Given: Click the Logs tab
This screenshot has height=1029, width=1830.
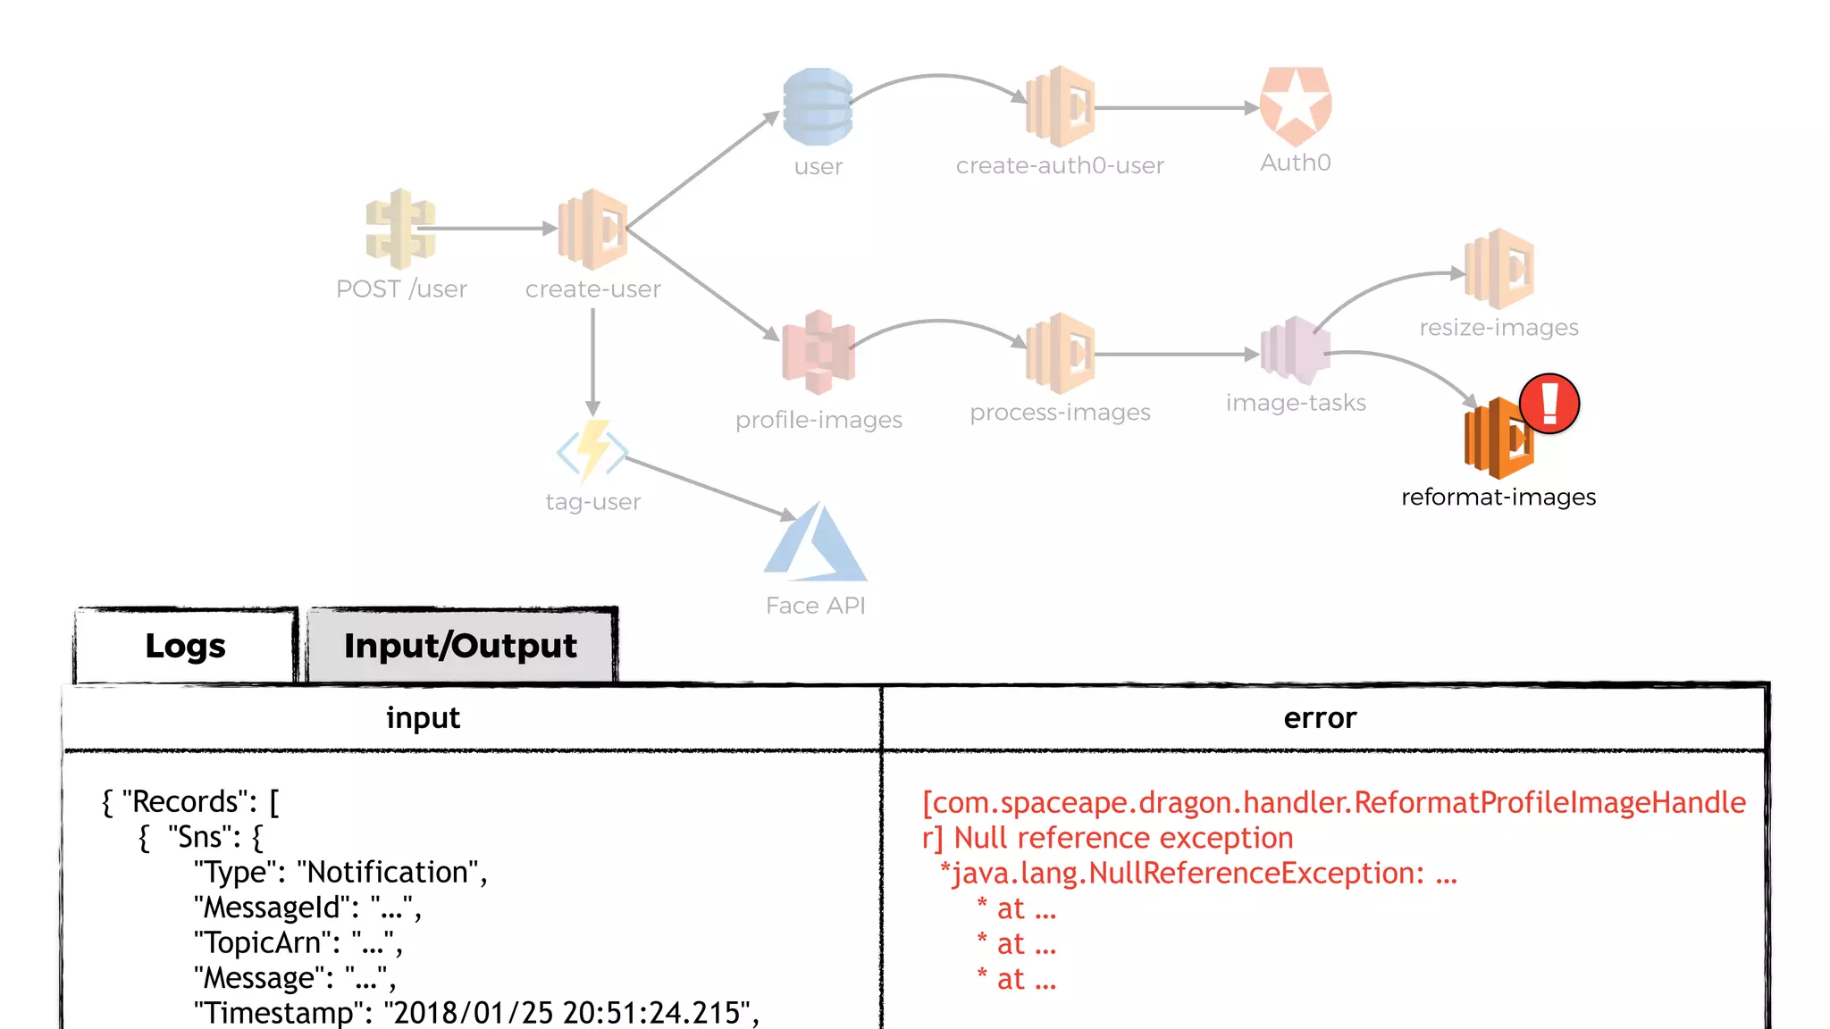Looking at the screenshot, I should (x=185, y=646).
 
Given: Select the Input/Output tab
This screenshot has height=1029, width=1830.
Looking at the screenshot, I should (x=460, y=646).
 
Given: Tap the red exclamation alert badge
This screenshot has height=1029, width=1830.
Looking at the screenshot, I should (x=1549, y=404).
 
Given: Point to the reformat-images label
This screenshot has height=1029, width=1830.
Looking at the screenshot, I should (x=1498, y=497).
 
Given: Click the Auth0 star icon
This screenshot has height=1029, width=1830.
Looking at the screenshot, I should (x=1295, y=106).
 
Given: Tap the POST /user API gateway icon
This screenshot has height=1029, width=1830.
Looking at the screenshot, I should (x=400, y=229).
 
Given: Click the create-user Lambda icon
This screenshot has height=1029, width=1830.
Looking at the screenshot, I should (x=593, y=230).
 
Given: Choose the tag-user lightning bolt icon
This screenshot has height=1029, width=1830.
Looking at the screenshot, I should (x=592, y=451).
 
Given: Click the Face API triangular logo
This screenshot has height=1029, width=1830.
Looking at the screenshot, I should (x=815, y=543).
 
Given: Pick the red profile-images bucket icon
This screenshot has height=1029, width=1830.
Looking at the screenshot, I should (x=818, y=353).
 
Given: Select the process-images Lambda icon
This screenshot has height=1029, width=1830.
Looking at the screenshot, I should (x=1061, y=354).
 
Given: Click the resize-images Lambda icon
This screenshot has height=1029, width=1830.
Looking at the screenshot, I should (x=1499, y=269).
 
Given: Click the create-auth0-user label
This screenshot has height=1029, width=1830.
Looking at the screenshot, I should (x=1060, y=165).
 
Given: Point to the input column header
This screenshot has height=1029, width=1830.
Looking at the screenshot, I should (x=423, y=718).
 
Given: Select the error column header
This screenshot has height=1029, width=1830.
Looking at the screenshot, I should (x=1320, y=718).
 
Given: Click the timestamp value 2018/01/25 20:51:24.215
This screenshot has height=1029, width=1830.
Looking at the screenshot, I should (x=567, y=1012).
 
